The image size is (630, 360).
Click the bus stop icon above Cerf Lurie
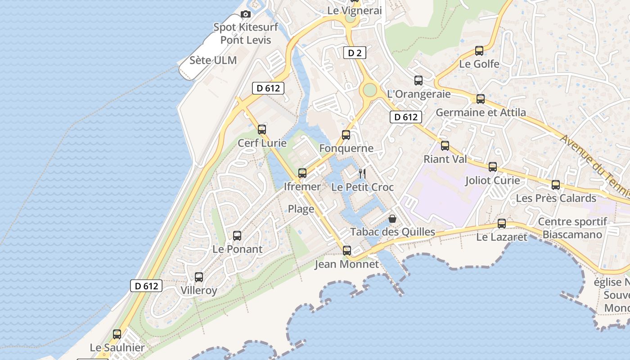pyautogui.click(x=262, y=130)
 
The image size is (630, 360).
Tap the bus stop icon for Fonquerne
pyautogui.click(x=346, y=135)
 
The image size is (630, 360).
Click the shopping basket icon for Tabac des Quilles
pyautogui.click(x=392, y=219)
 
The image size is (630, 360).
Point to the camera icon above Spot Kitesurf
pyautogui.click(x=245, y=14)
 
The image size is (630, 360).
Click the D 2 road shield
pyautogui.click(x=355, y=53)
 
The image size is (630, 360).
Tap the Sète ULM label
pyautogui.click(x=213, y=60)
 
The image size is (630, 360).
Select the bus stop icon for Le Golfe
pyautogui.click(x=479, y=51)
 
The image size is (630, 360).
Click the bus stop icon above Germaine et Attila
pyautogui.click(x=481, y=99)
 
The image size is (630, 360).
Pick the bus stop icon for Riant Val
pyautogui.click(x=445, y=145)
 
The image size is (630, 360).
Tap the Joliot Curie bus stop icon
pyautogui.click(x=493, y=167)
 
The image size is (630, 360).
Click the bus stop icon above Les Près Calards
pyautogui.click(x=556, y=184)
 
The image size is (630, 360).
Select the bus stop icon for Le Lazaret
pyautogui.click(x=502, y=223)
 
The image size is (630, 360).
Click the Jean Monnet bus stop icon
pyautogui.click(x=347, y=250)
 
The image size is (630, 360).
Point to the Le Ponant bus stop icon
pyautogui.click(x=237, y=235)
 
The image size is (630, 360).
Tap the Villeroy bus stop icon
pyautogui.click(x=199, y=277)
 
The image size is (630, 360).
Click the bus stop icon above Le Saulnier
pyautogui.click(x=117, y=334)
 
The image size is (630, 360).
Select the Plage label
pyautogui.click(x=301, y=209)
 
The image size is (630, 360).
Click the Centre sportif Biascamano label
pyautogui.click(x=572, y=228)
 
